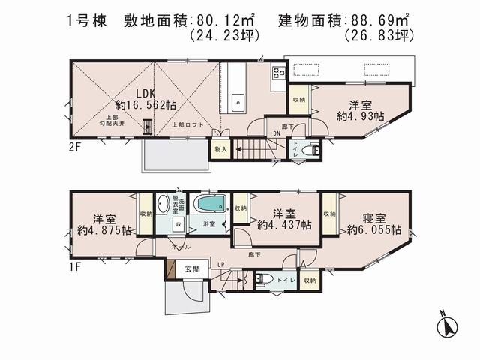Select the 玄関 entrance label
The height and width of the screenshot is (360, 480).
[x=190, y=268]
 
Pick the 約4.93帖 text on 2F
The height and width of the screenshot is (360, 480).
[x=361, y=116]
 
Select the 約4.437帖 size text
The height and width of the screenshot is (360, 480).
[x=286, y=224]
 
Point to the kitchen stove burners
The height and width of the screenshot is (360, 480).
[x=279, y=73]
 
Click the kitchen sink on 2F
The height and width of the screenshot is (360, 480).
[x=239, y=101]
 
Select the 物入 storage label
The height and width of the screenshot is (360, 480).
[x=220, y=149]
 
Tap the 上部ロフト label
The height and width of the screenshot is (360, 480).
[x=185, y=126]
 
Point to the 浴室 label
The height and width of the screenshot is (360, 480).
[x=211, y=224]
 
